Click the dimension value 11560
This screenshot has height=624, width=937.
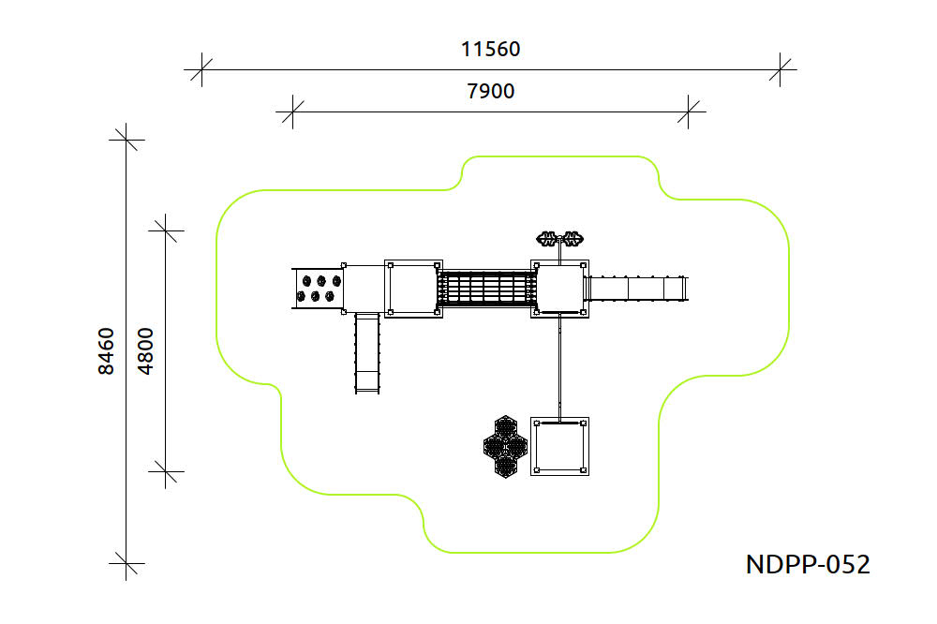pyautogui.click(x=491, y=49)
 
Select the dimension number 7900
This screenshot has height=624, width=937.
pyautogui.click(x=491, y=91)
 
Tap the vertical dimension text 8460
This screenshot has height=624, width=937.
pyautogui.click(x=106, y=350)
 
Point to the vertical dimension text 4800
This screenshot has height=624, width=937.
pyautogui.click(x=145, y=350)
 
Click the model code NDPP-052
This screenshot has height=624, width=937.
pyautogui.click(x=808, y=564)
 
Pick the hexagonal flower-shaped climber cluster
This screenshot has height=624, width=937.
pyautogui.click(x=506, y=447)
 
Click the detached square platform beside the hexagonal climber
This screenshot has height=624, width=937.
pyautogui.click(x=560, y=447)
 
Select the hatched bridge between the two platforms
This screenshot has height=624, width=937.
pyautogui.click(x=487, y=289)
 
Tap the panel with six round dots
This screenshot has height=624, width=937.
pyautogui.click(x=320, y=289)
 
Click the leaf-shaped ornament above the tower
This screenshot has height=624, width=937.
pyautogui.click(x=560, y=239)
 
